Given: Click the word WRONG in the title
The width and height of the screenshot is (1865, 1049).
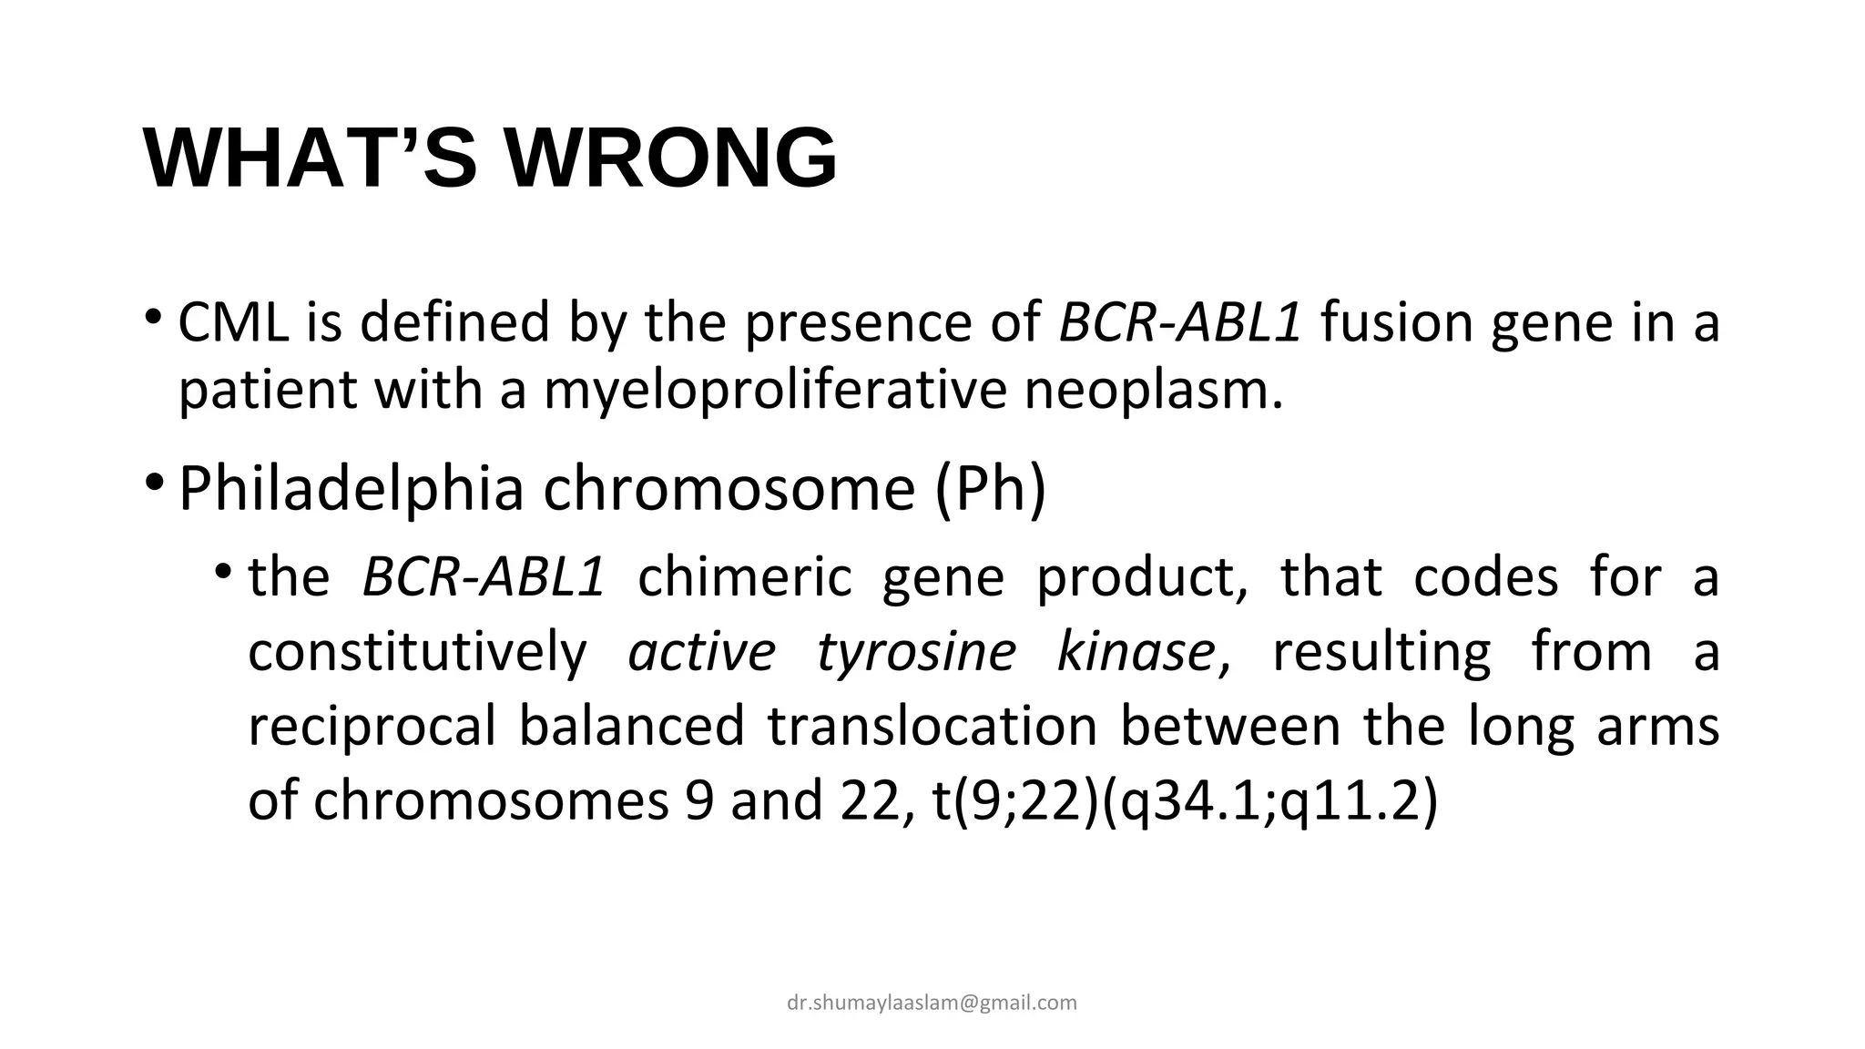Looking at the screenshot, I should point(671,158).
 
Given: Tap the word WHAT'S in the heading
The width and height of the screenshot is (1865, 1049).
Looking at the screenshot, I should point(310,158).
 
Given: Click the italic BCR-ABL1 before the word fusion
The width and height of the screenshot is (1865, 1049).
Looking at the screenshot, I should point(1180,322).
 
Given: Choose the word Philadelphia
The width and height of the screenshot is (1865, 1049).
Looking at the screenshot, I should point(352,489).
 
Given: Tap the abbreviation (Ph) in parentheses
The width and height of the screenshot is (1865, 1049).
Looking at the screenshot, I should point(991,489).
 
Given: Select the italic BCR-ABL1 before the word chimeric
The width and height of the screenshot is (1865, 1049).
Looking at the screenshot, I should point(484,577).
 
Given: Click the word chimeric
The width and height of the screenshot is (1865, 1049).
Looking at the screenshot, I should point(745,577).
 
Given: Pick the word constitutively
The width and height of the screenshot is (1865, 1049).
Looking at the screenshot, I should point(418,652).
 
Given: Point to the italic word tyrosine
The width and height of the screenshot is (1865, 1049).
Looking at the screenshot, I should point(916,652).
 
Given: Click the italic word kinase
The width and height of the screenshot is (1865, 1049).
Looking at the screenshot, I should point(1136,652).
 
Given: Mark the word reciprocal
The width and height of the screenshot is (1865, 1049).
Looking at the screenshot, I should point(372,727).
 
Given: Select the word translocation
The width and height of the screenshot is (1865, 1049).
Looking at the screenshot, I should point(932,727).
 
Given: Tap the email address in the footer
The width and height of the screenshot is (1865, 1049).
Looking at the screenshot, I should point(932,1003).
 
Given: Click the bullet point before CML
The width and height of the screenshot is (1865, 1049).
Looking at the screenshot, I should point(153,318).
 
